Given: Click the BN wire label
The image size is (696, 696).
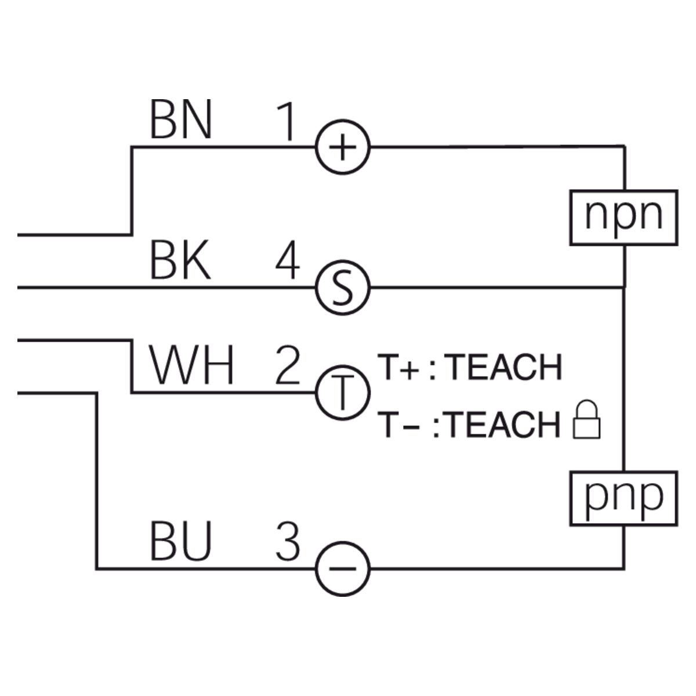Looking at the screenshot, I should pyautogui.click(x=180, y=121).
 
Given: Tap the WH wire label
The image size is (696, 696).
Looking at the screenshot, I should pyautogui.click(x=192, y=367).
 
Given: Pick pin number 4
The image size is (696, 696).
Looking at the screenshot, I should pyautogui.click(x=287, y=262).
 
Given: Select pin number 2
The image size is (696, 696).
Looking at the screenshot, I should pyautogui.click(x=287, y=367).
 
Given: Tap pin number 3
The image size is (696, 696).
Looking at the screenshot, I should pyautogui.click(x=287, y=542).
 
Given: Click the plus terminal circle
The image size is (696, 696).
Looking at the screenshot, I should pyautogui.click(x=343, y=147).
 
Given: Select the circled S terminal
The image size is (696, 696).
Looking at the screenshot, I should pyautogui.click(x=343, y=288).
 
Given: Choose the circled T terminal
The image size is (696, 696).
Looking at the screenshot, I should pyautogui.click(x=343, y=393).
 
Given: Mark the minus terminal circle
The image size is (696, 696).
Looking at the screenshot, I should pyautogui.click(x=343, y=568).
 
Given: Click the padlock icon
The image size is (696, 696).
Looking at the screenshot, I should pyautogui.click(x=588, y=420).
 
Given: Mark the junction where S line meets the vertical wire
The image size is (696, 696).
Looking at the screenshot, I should pyautogui.click(x=624, y=287).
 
